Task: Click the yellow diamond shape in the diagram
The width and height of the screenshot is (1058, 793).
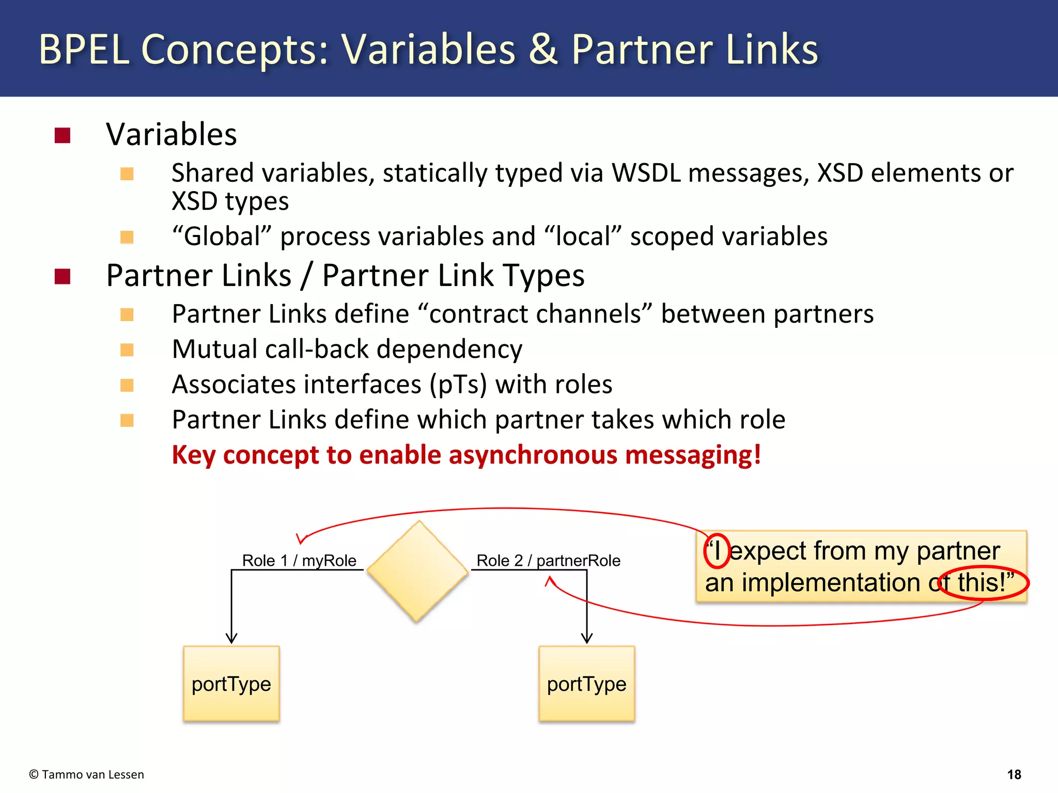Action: (417, 571)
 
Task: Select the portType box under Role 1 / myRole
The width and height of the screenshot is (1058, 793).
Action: (231, 684)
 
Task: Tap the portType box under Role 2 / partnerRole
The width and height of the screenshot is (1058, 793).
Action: (586, 684)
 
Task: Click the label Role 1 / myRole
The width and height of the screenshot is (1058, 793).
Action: (299, 560)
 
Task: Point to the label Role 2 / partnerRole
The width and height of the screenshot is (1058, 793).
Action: (548, 560)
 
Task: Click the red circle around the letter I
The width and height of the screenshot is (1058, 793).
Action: (717, 550)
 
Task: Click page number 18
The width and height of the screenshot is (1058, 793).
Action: (1014, 774)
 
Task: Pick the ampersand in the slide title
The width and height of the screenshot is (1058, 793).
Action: (543, 50)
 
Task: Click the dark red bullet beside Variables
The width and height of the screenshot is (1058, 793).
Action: (63, 135)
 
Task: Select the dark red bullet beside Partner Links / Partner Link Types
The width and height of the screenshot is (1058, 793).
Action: (63, 276)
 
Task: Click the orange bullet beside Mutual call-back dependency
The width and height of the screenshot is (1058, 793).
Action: (127, 350)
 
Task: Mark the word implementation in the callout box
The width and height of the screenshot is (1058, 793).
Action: (831, 583)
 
